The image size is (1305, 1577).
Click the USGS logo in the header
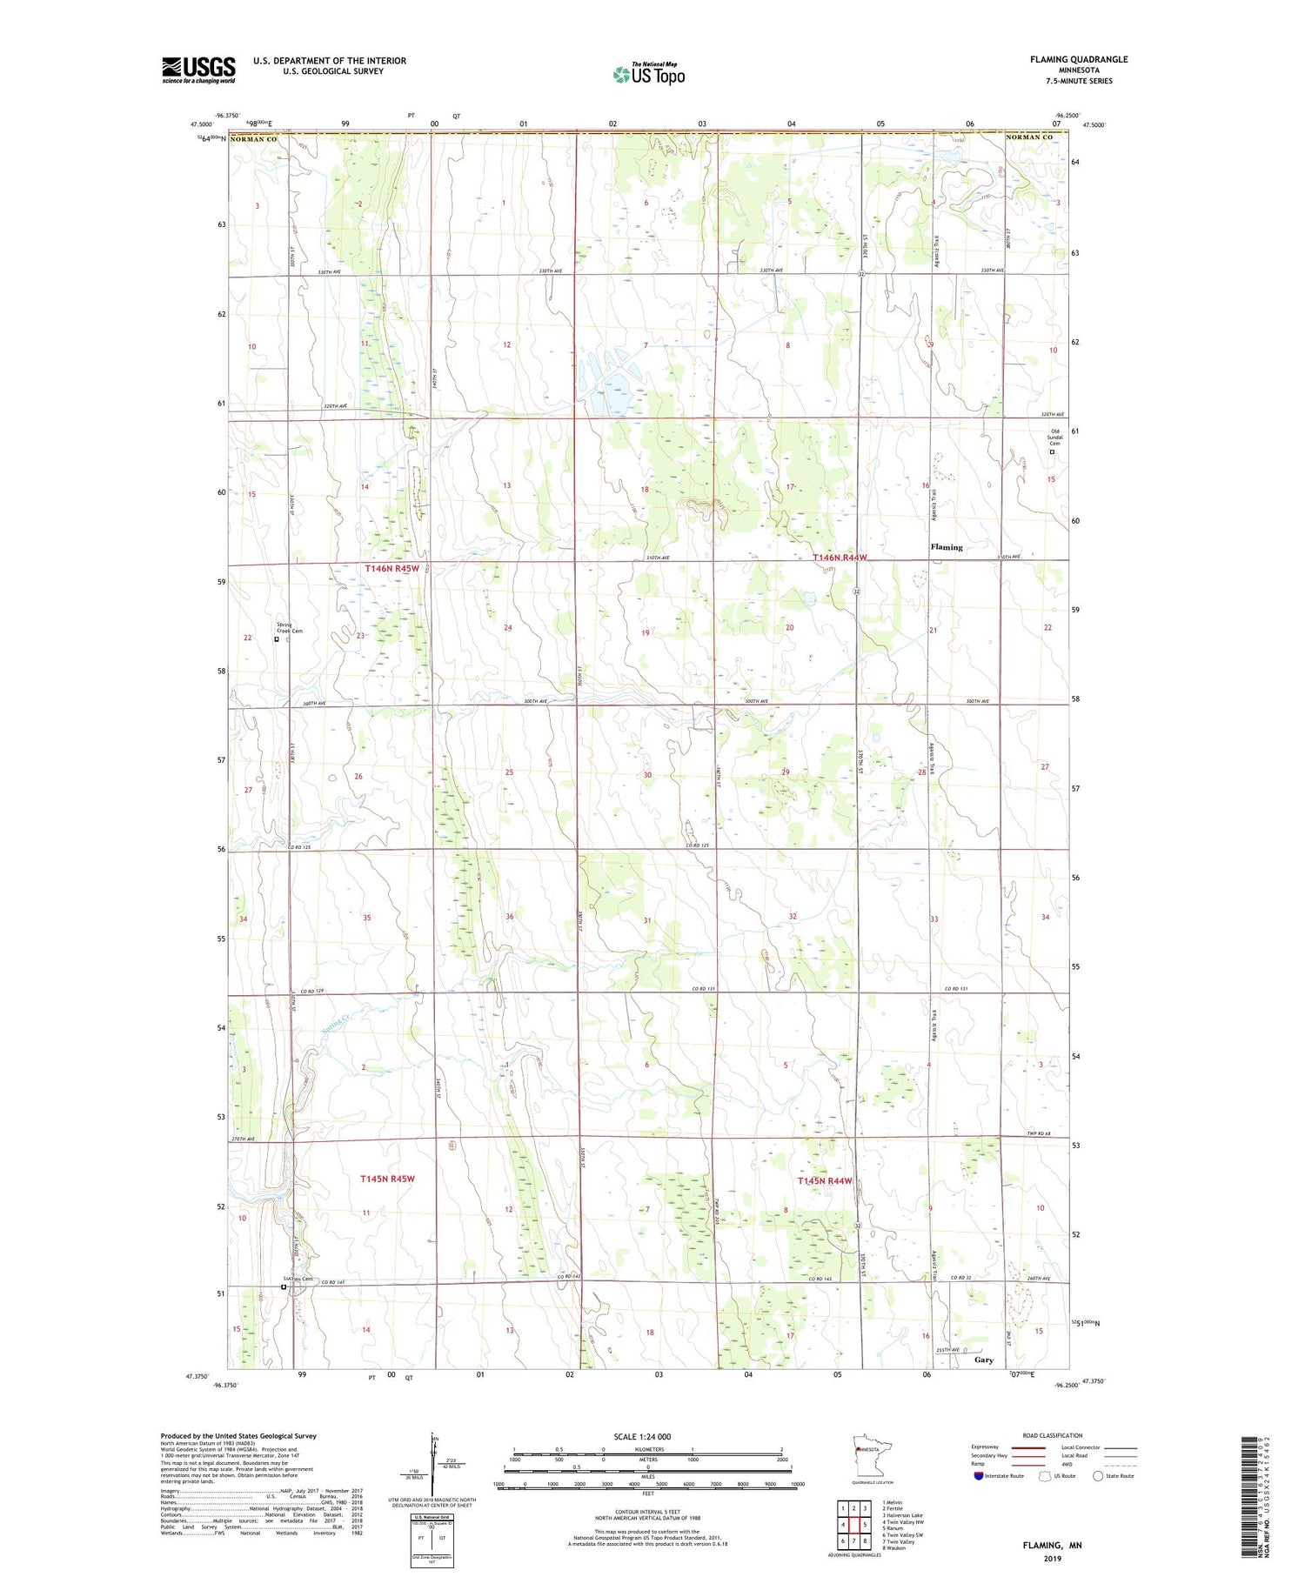pyautogui.click(x=198, y=70)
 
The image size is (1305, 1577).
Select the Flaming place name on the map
pyautogui.click(x=947, y=547)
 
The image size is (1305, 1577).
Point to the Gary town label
pyautogui.click(x=984, y=1360)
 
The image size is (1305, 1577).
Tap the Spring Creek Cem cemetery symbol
pyautogui.click(x=277, y=639)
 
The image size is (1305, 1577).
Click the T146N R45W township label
pyautogui.click(x=391, y=569)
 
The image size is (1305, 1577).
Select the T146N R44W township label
pyautogui.click(x=840, y=558)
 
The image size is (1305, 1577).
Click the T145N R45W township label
pyautogui.click(x=387, y=1179)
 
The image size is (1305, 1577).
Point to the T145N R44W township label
pyautogui.click(x=825, y=1181)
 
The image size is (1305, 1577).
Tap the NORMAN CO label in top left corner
pyautogui.click(x=253, y=138)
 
